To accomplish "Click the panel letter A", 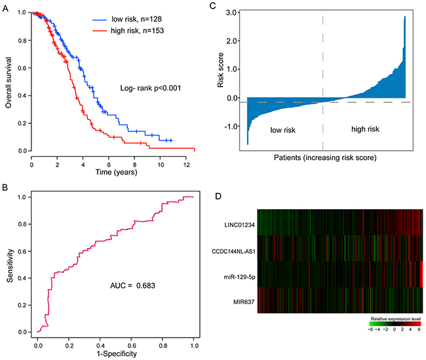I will click(6, 7).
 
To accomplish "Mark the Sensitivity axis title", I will click(9, 264).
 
